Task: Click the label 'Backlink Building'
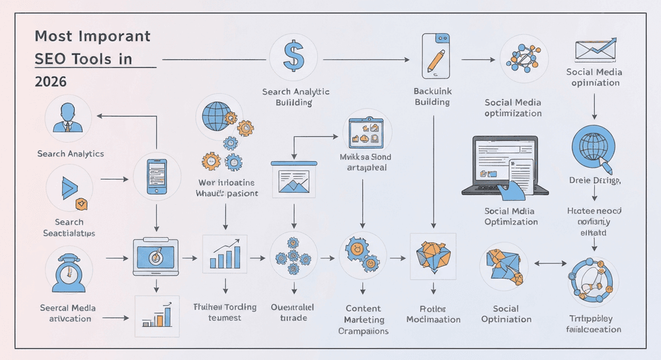point(432,96)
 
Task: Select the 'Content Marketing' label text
point(363,314)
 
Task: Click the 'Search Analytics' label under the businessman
point(71,154)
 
